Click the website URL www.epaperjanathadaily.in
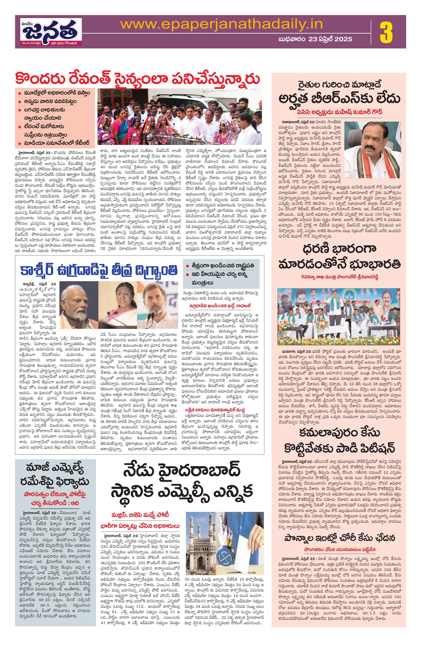(x=222, y=24)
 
